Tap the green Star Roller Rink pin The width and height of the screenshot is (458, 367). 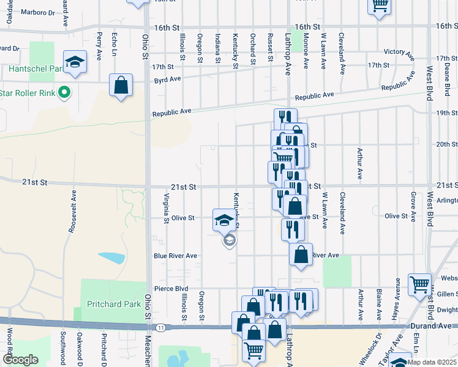click(x=62, y=94)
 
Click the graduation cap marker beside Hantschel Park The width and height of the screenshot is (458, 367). click(x=75, y=62)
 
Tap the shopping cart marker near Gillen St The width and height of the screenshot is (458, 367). click(x=419, y=284)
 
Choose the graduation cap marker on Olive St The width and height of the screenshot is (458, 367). click(x=224, y=220)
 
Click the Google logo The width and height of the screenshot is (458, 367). click(x=20, y=360)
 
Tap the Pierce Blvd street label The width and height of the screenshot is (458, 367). click(x=171, y=289)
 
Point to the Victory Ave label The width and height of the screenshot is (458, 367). click(x=398, y=52)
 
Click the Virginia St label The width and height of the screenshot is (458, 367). click(x=167, y=207)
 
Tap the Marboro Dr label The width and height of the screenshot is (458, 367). click(x=39, y=12)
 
